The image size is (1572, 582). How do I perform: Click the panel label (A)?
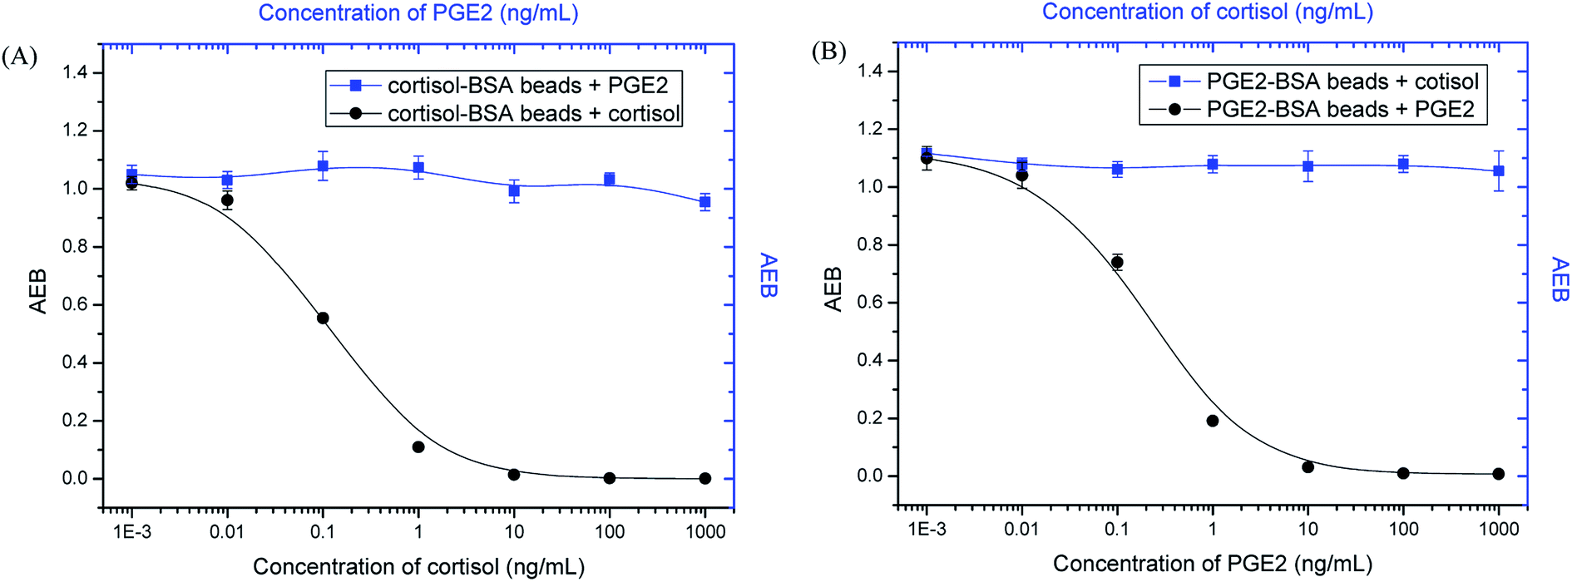(19, 57)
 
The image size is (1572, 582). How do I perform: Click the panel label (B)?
(828, 52)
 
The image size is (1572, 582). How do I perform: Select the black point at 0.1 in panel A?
(323, 318)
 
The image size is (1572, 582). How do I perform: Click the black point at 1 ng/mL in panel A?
(418, 447)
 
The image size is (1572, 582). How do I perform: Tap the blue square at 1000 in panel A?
(704, 202)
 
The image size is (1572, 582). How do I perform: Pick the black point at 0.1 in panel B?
(1117, 263)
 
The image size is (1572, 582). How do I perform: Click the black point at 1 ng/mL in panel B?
(1213, 422)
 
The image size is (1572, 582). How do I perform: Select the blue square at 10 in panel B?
(1308, 166)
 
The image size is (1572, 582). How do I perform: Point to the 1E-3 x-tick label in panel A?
(131, 532)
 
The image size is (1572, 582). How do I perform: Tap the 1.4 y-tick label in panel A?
(75, 73)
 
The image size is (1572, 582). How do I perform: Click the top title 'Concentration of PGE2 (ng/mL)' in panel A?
(418, 13)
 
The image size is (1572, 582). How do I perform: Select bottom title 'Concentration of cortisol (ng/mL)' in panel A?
(418, 567)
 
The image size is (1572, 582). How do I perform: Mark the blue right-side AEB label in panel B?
(1560, 280)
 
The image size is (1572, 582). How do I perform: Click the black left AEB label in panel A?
(37, 291)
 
